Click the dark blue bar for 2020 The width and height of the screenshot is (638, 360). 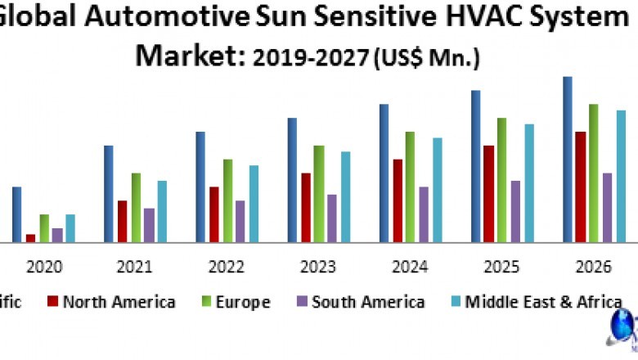pyautogui.click(x=16, y=214)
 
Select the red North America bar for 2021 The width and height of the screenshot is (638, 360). pyautogui.click(x=122, y=221)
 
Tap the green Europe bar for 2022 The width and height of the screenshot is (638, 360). pyautogui.click(x=227, y=200)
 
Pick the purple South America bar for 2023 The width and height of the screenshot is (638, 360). pyautogui.click(x=332, y=218)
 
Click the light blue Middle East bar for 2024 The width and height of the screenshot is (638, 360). pyautogui.click(x=438, y=190)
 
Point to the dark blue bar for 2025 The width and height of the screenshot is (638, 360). pyautogui.click(x=475, y=166)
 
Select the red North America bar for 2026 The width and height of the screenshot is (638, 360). pyautogui.click(x=580, y=187)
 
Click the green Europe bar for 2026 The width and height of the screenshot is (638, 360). pyautogui.click(x=594, y=173)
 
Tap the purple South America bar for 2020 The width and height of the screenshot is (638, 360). pyautogui.click(x=57, y=235)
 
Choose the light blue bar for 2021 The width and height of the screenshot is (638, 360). pyautogui.click(x=162, y=211)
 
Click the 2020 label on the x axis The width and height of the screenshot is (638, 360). pyautogui.click(x=43, y=268)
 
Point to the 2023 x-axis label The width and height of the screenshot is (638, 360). pyautogui.click(x=318, y=268)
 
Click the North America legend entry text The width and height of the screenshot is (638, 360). pyautogui.click(x=119, y=302)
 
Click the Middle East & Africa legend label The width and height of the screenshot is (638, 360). pyautogui.click(x=543, y=302)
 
